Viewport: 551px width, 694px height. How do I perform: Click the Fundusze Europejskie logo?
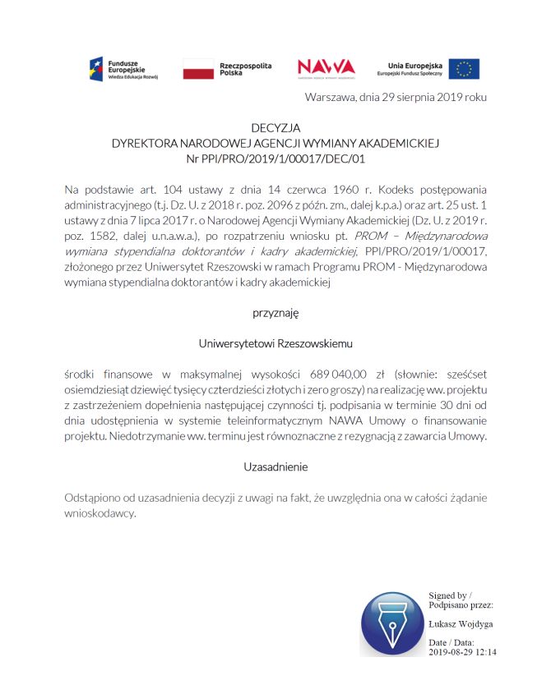click(x=124, y=68)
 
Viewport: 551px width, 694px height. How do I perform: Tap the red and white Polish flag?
click(x=197, y=69)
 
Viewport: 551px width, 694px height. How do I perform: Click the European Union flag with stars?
click(x=464, y=69)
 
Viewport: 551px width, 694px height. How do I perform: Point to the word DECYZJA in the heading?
click(x=275, y=127)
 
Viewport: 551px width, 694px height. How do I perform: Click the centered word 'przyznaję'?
click(x=275, y=312)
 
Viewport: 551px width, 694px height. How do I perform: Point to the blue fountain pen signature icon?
click(x=391, y=623)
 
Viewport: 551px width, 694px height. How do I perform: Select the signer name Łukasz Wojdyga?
click(x=460, y=624)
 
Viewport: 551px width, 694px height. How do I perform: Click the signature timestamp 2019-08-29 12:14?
click(x=462, y=652)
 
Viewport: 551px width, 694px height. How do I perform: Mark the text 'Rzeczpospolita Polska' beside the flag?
click(x=245, y=68)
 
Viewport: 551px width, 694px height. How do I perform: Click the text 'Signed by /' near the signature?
click(x=449, y=595)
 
